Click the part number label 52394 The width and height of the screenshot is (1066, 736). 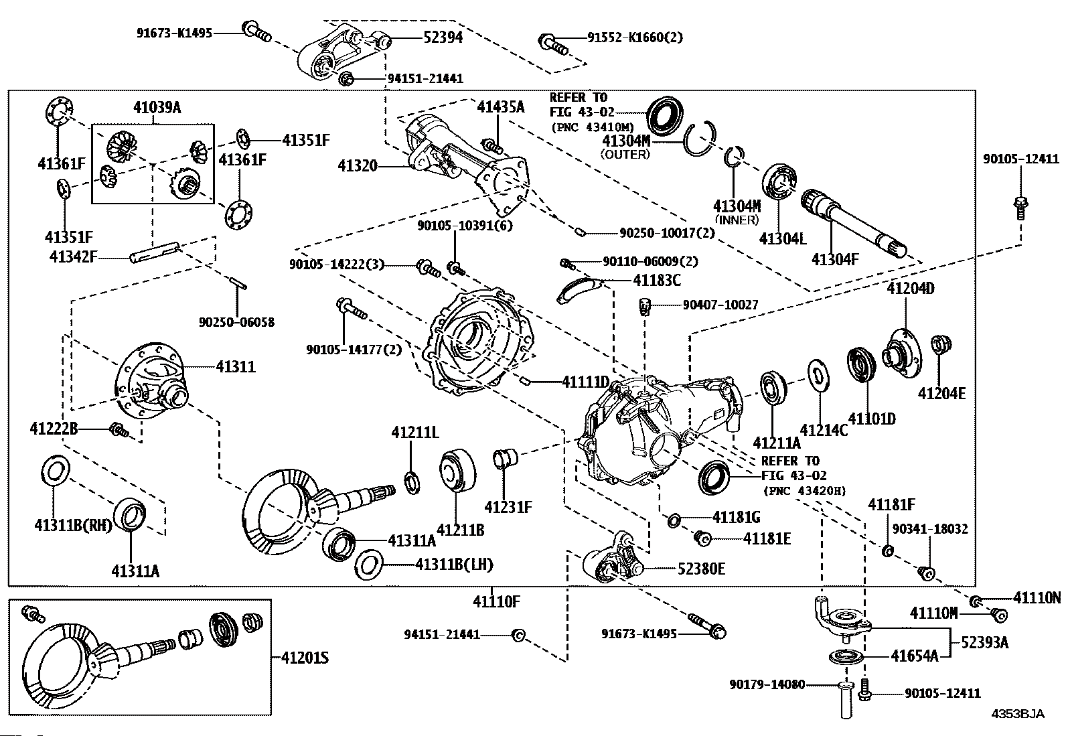[443, 37]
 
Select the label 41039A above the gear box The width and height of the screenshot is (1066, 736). [157, 108]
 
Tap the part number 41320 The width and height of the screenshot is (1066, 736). [358, 165]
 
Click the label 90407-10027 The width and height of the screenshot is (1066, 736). [720, 305]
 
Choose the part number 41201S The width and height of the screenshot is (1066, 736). [305, 658]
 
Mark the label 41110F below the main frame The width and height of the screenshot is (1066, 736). [496, 602]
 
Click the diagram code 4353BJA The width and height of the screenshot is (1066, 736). [1018, 714]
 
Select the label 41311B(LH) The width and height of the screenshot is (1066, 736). [454, 565]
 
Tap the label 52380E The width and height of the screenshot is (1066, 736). [702, 569]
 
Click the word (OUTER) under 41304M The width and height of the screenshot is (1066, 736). [625, 154]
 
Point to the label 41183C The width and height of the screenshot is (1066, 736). [657, 281]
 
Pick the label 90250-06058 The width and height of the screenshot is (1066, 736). [236, 322]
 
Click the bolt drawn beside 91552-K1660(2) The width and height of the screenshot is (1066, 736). [552, 44]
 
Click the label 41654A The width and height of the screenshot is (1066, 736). [914, 656]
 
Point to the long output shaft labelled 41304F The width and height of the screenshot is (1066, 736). [853, 223]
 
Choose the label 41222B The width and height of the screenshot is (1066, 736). [54, 429]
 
